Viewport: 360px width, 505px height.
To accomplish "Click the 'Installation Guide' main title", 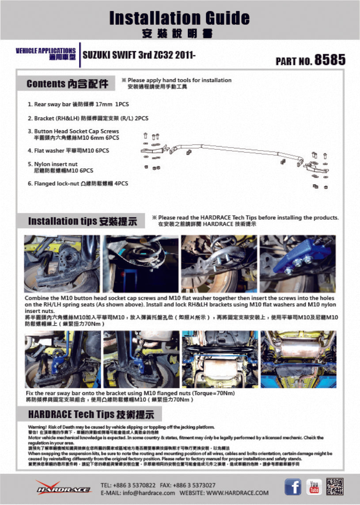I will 179,18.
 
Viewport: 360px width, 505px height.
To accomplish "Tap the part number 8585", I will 330,60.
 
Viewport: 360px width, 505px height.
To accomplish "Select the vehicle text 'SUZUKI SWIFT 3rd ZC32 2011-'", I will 140,55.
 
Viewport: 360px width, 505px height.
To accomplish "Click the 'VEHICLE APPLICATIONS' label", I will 45,51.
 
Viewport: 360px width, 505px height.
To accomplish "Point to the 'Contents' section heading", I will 67,84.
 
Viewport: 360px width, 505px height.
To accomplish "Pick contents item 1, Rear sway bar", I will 78,105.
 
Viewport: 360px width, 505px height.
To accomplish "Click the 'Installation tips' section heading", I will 82,221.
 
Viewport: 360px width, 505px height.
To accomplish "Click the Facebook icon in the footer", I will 293,486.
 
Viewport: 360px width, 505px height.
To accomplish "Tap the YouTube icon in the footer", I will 314,486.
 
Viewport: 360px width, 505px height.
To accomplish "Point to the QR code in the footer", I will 335,486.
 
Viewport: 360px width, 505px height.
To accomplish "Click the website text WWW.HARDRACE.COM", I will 237,493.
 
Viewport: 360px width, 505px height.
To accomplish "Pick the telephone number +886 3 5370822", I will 131,485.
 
